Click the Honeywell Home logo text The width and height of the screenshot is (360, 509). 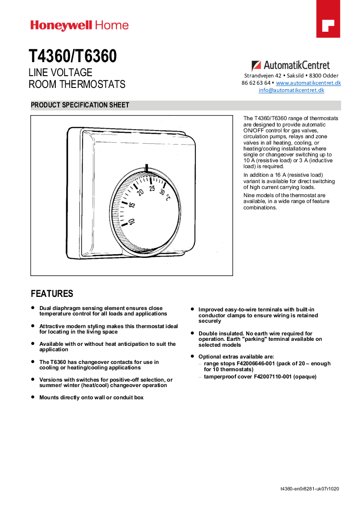click(x=79, y=25)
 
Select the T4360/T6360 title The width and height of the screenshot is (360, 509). click(x=73, y=56)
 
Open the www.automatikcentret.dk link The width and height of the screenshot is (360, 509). click(x=308, y=83)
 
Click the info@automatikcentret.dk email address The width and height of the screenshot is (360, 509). click(x=292, y=90)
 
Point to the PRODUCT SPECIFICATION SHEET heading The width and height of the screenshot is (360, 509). click(x=80, y=105)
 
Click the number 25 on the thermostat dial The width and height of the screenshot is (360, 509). click(x=152, y=189)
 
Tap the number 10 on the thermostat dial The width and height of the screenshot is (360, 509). click(x=131, y=222)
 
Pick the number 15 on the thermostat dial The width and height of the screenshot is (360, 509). click(x=132, y=205)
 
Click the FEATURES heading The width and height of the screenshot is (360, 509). click(x=52, y=293)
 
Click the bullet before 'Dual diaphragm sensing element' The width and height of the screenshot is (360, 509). click(x=33, y=307)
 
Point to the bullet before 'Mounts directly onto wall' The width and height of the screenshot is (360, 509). click(x=33, y=397)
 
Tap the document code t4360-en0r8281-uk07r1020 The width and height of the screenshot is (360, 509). click(x=310, y=489)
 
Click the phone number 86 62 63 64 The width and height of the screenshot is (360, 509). click(x=256, y=83)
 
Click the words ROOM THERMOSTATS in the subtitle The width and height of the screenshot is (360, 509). click(x=77, y=85)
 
